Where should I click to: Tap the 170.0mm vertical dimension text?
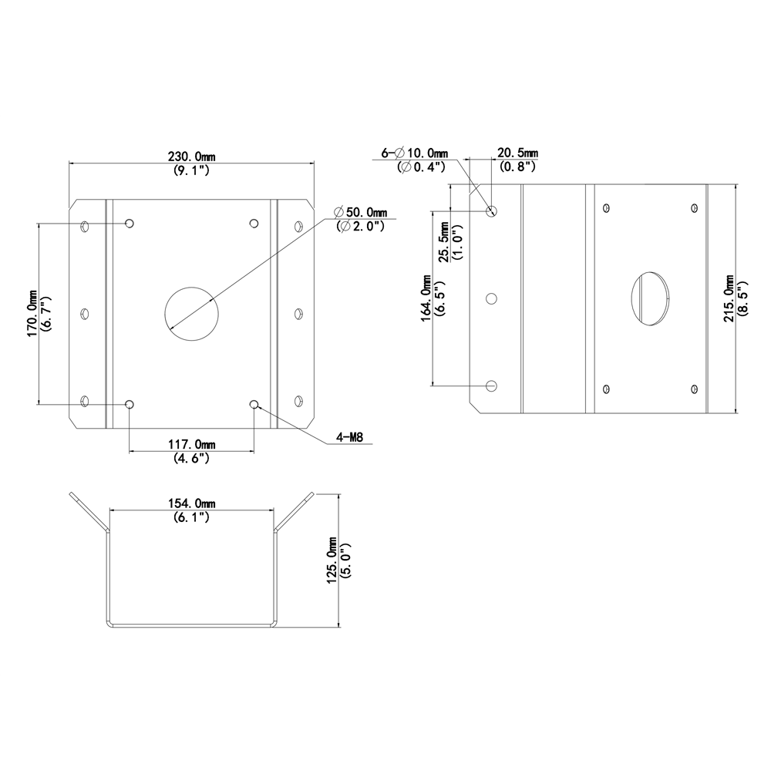[32, 313]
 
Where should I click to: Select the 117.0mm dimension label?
[192, 444]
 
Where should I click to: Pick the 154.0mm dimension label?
[192, 503]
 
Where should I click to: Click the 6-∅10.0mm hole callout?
[416, 153]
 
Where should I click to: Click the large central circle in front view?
[192, 314]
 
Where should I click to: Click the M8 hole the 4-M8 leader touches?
[254, 404]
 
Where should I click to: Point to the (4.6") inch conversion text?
[192, 458]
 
